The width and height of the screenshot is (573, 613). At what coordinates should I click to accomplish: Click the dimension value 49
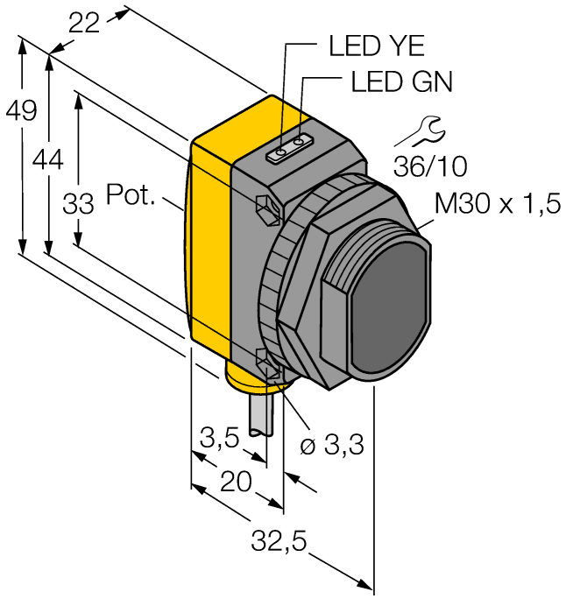click(20, 111)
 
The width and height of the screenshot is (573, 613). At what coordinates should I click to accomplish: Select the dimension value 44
click(49, 159)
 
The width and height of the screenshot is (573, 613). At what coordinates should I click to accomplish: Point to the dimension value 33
click(78, 206)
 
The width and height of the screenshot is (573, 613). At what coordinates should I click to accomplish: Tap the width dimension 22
click(86, 25)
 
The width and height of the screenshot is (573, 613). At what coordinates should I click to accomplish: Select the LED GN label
click(401, 82)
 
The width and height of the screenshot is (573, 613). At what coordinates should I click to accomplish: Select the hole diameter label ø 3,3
click(333, 447)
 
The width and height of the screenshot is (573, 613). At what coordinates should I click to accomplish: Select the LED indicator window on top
click(290, 148)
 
